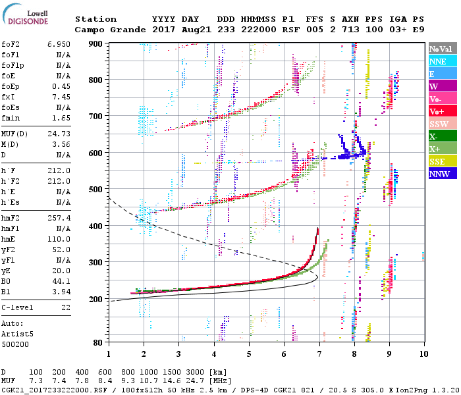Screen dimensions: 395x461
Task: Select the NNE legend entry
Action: coord(441,61)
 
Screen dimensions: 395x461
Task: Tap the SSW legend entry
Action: coord(441,124)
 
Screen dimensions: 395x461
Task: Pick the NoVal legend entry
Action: coord(441,49)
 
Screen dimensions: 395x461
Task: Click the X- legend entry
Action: coord(441,136)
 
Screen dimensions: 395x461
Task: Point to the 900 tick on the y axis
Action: coord(97,43)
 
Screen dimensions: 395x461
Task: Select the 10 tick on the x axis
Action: coord(423,353)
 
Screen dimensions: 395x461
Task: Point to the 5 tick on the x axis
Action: coord(249,353)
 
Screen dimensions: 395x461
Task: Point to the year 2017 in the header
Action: coord(163,30)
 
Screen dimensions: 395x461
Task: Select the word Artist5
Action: coord(17,334)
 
